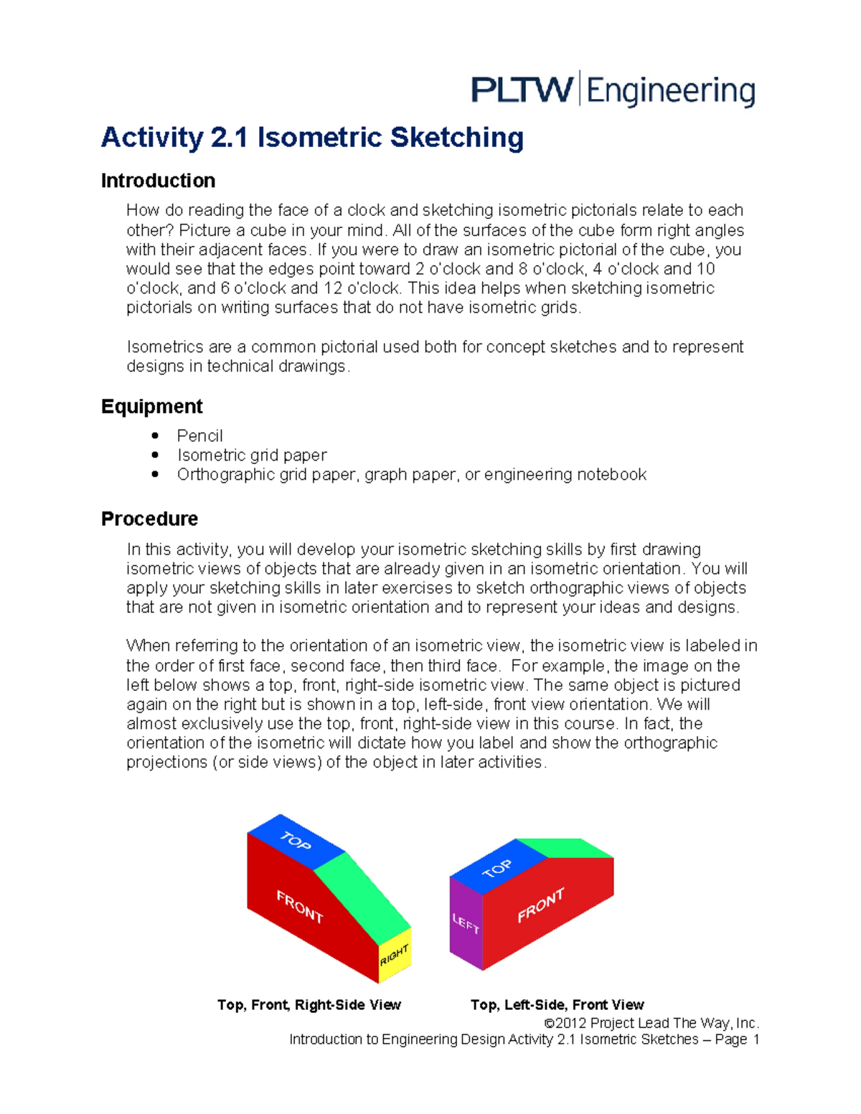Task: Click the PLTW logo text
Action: point(522,90)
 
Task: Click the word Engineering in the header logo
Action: point(671,92)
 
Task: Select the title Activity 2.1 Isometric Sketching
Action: point(312,137)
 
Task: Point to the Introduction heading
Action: point(158,180)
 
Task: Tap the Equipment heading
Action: point(151,406)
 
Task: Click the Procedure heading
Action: point(149,518)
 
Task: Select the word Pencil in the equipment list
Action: point(199,435)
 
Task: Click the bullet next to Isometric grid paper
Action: point(155,455)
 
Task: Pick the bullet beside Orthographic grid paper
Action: point(155,474)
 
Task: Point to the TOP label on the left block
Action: point(296,840)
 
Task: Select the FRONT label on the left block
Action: point(300,906)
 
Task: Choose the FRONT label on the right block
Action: point(541,905)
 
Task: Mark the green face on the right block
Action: point(567,848)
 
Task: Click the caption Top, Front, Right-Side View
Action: point(309,1004)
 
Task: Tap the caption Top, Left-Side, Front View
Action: point(557,1004)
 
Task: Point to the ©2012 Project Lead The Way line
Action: point(651,1023)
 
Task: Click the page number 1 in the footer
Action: point(755,1039)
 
